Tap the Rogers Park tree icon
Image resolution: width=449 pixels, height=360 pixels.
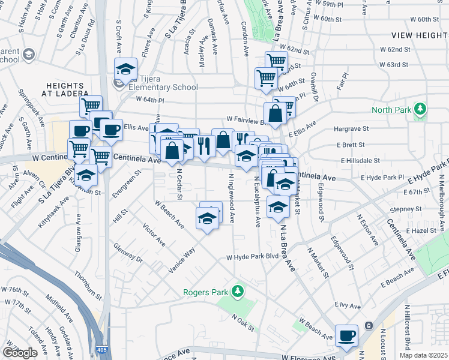pos(238,292)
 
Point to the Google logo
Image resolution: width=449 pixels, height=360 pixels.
pos(20,353)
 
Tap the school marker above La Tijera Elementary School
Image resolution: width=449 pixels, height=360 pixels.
pos(125,70)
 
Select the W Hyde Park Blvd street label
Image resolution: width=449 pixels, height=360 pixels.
pos(253,257)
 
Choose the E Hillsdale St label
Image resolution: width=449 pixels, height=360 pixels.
pos(360,161)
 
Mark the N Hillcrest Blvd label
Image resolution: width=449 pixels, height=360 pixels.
pos(407,327)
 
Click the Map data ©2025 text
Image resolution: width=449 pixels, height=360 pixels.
pos(422,355)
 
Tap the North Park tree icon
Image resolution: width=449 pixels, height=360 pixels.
pos(421,109)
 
